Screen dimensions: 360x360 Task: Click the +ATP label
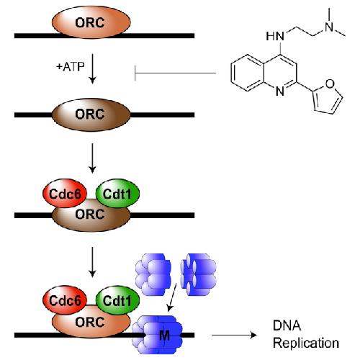click(71, 66)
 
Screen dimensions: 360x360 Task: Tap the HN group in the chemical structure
click(275, 37)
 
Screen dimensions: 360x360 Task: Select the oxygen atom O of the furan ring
click(330, 84)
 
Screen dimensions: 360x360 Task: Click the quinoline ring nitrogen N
click(280, 91)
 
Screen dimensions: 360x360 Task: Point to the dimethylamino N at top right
click(330, 26)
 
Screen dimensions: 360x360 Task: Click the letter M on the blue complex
click(164, 335)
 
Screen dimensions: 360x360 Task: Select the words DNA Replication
click(306, 334)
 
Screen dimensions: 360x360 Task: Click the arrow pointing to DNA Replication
click(234, 335)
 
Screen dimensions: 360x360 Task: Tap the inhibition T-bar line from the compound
click(176, 73)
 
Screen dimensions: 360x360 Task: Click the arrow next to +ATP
click(92, 68)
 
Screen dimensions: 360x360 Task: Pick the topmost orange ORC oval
click(91, 22)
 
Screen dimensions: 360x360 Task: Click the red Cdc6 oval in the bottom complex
click(65, 300)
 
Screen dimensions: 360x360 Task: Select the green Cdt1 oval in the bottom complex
click(117, 300)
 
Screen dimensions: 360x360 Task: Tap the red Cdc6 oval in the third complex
click(65, 193)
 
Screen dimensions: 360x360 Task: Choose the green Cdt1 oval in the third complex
click(117, 193)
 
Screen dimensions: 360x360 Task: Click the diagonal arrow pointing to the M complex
click(172, 297)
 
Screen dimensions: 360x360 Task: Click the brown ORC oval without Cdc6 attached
click(91, 114)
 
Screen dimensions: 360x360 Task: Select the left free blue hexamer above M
click(153, 274)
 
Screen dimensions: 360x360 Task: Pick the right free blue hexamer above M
click(199, 274)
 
